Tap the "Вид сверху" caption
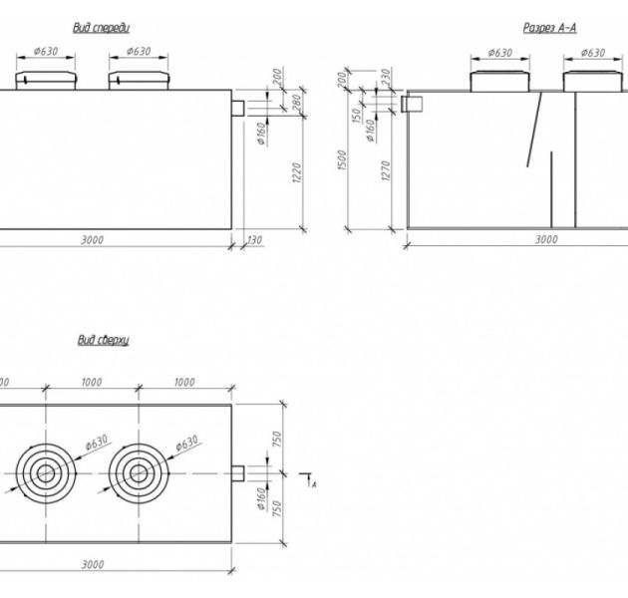point(104,341)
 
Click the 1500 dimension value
point(342,159)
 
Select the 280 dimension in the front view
point(297,102)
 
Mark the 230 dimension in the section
point(385,80)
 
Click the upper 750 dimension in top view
point(278,439)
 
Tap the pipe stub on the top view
point(239,472)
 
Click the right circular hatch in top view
point(138,472)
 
